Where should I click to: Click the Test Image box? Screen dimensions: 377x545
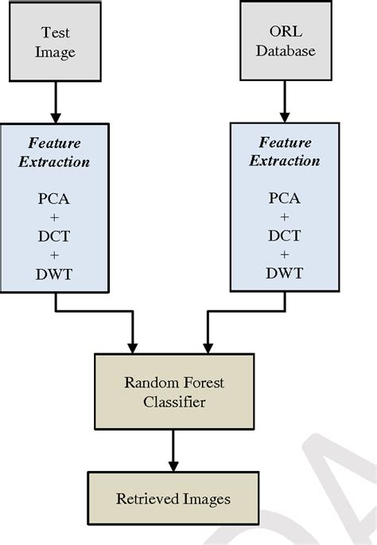(x=55, y=41)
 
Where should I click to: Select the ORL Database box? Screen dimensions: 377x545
(x=286, y=41)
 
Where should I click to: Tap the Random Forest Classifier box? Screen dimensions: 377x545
(x=174, y=391)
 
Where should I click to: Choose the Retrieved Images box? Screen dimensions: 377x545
(x=173, y=498)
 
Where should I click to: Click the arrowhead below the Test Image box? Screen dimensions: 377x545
(x=56, y=119)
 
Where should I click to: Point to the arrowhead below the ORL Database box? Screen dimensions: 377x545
(x=285, y=118)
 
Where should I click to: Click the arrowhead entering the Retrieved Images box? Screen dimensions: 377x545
(x=173, y=466)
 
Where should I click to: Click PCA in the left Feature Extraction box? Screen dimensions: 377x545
(x=53, y=199)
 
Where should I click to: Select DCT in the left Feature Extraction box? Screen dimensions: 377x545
(x=54, y=236)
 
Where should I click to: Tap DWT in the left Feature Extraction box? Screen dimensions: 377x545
(x=54, y=274)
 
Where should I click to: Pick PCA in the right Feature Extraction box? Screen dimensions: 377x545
(x=284, y=198)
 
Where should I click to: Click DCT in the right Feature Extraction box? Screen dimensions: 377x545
(x=284, y=236)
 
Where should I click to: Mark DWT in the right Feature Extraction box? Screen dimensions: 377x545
(x=284, y=273)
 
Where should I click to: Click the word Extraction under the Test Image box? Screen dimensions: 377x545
(x=54, y=162)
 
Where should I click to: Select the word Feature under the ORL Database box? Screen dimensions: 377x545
(x=286, y=142)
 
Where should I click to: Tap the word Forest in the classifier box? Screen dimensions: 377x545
(x=204, y=383)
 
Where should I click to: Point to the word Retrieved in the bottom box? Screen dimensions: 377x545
(x=147, y=498)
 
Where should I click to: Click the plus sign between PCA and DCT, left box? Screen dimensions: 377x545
(x=54, y=217)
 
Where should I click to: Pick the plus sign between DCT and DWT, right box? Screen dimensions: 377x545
(x=284, y=255)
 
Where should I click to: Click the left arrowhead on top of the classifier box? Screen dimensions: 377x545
(x=132, y=348)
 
